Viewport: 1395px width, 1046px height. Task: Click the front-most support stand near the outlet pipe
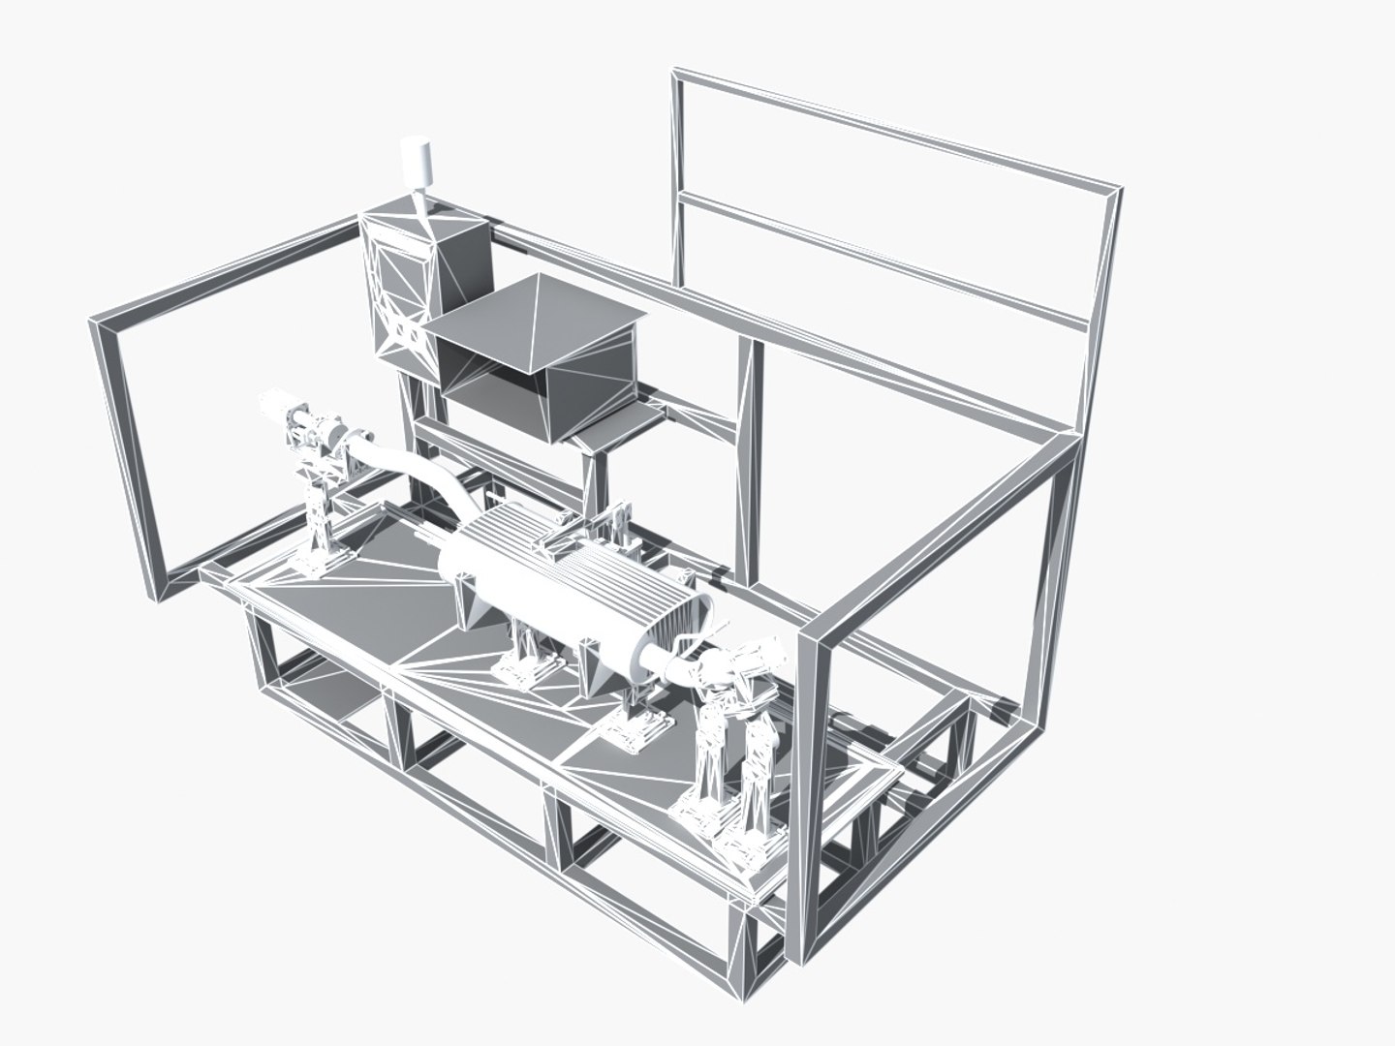click(x=712, y=765)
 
